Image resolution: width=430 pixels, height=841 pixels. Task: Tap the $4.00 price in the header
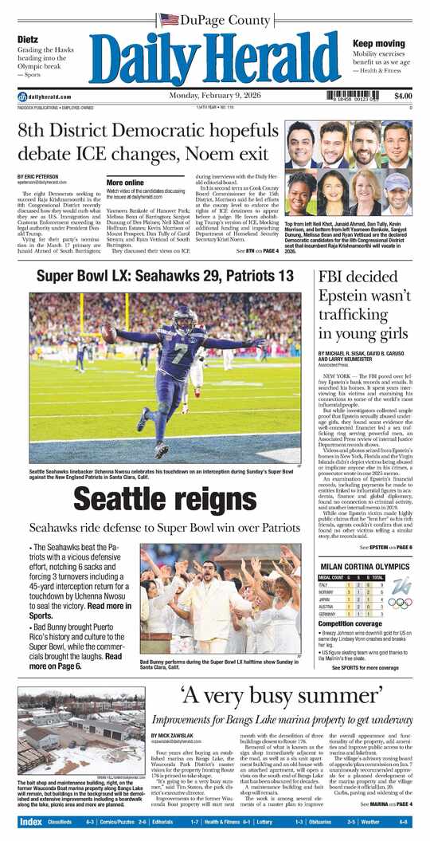[x=402, y=96]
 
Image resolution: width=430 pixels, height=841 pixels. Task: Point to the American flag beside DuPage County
[x=168, y=19]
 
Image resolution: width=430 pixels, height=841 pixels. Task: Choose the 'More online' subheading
[x=125, y=182]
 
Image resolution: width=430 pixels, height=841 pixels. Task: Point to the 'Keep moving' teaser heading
[x=379, y=44]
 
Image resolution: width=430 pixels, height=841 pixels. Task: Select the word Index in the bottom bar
[x=30, y=821]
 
